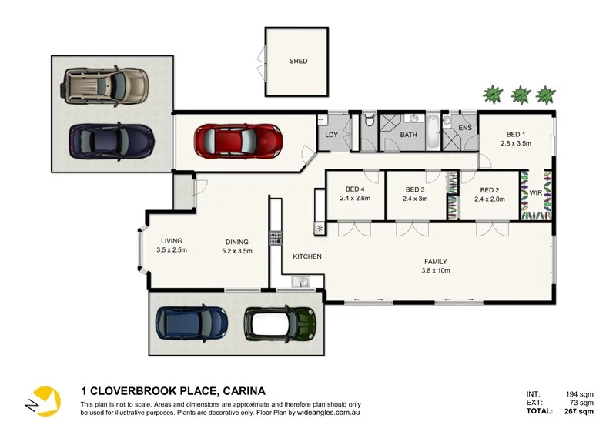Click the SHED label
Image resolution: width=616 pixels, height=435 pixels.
click(298, 61)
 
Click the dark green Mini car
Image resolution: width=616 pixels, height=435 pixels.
click(280, 323)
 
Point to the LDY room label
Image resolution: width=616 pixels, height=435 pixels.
click(332, 136)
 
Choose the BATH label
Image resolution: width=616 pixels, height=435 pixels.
click(408, 136)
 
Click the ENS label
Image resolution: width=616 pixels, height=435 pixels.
click(465, 128)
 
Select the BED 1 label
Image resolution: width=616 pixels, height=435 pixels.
click(515, 134)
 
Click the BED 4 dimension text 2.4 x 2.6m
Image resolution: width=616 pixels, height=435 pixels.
click(355, 199)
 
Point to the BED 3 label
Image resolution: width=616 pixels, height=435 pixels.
click(414, 189)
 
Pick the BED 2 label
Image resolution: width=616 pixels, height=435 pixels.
click(490, 189)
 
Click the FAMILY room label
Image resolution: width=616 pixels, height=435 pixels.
click(434, 262)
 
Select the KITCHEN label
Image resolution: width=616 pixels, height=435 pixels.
click(307, 256)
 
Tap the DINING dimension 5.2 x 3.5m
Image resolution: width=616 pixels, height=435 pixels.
click(237, 250)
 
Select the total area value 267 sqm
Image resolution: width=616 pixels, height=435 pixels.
click(577, 412)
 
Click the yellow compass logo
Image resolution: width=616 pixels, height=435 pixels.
click(42, 400)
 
